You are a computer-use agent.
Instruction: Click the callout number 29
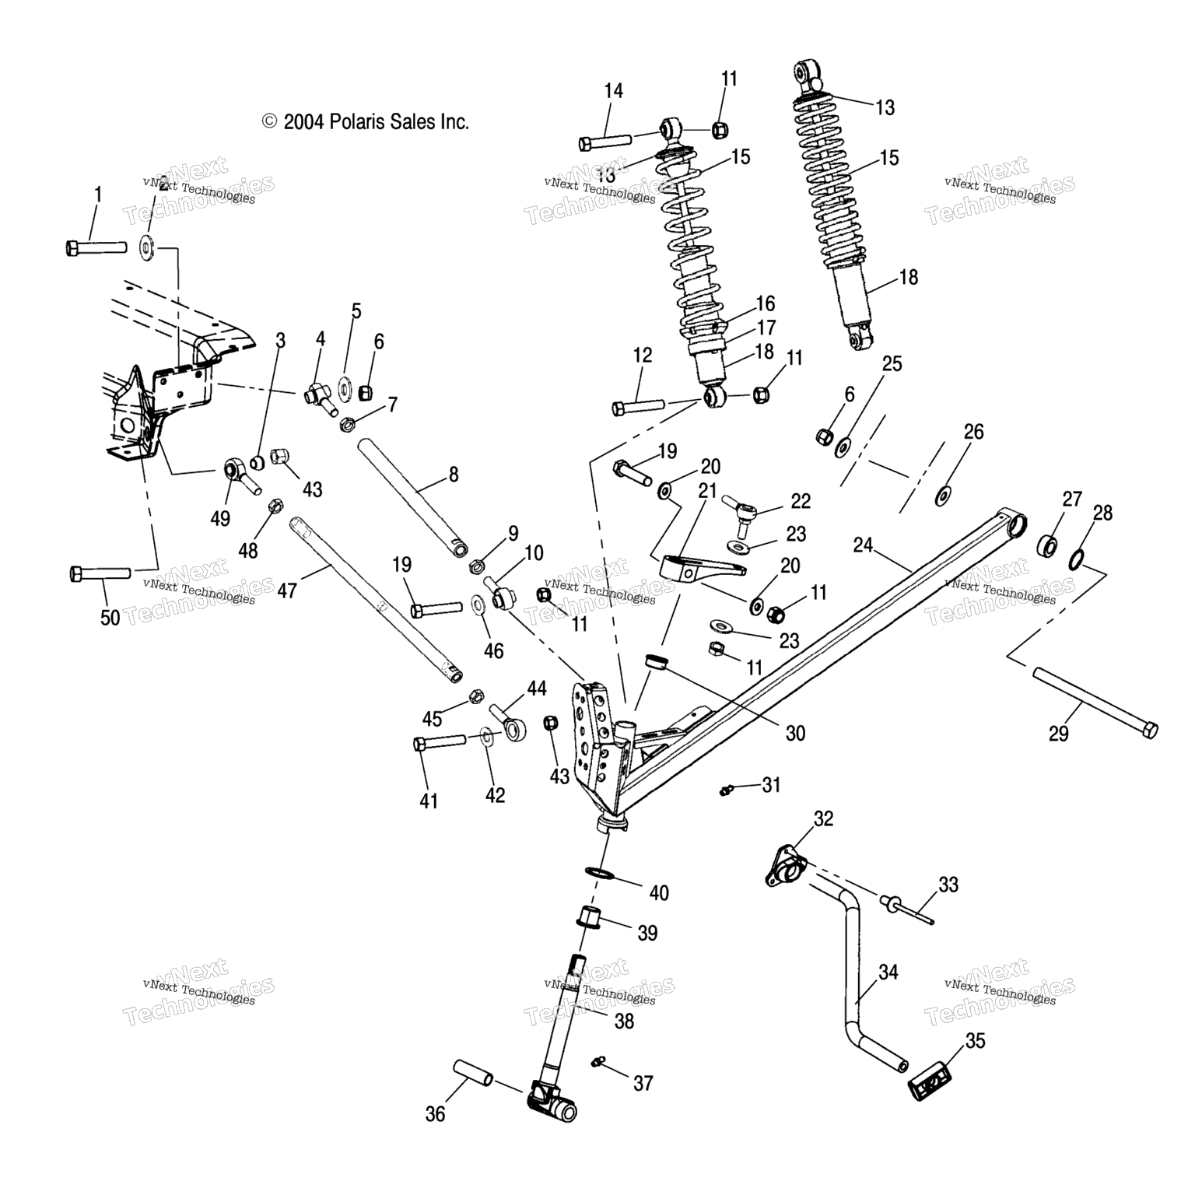tap(1058, 733)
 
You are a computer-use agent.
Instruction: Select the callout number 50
tap(110, 617)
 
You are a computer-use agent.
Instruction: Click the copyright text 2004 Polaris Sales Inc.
tap(366, 121)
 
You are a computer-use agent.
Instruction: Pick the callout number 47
tap(287, 590)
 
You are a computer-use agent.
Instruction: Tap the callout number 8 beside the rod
tap(454, 474)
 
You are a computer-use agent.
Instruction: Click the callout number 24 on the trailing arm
tap(864, 545)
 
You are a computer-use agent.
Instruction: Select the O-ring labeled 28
tap(1077, 558)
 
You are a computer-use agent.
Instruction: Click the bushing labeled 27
tap(1048, 545)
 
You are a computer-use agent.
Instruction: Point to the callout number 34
tap(888, 972)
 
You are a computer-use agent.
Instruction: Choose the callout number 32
tap(823, 818)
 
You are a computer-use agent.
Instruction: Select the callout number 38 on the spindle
tap(624, 1021)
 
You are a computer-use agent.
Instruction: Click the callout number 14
tap(613, 91)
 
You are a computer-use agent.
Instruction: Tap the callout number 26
tap(974, 432)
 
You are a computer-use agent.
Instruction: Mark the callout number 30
tap(795, 733)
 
